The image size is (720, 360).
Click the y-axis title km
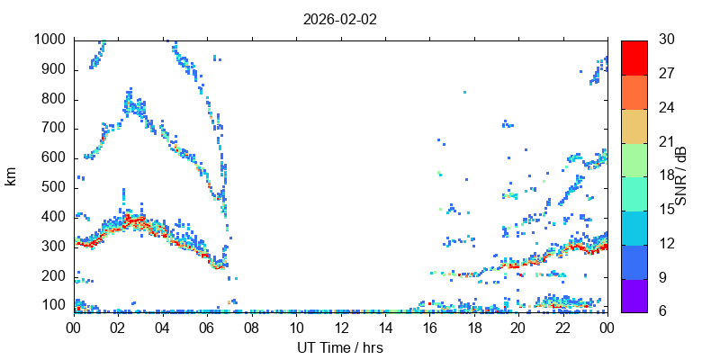coord(11,176)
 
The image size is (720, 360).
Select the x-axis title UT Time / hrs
coord(340,347)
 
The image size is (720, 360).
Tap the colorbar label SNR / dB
coord(680,176)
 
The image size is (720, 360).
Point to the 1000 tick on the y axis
coord(49,40)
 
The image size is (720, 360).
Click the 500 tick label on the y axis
coord(53,187)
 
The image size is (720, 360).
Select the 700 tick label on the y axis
coord(53,128)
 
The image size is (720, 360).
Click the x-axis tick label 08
coord(252,328)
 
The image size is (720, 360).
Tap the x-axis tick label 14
coord(385,328)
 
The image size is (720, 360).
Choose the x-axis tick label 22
coord(563,328)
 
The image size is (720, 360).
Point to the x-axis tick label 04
coord(163,328)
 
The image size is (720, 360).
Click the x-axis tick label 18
coord(474,328)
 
